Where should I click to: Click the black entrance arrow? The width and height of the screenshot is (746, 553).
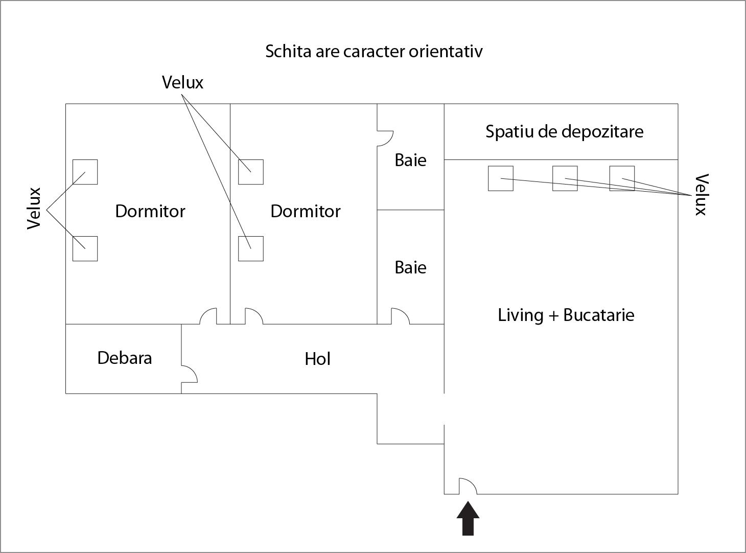click(468, 519)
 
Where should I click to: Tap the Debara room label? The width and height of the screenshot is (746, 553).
click(125, 358)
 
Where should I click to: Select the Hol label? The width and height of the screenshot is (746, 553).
click(317, 359)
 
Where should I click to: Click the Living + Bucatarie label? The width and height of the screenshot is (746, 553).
click(566, 315)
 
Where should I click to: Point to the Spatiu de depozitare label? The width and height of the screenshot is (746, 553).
click(564, 132)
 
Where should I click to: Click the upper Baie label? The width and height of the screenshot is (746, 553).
click(410, 160)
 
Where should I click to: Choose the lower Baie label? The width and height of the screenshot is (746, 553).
click(410, 267)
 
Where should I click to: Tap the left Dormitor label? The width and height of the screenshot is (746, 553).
click(150, 211)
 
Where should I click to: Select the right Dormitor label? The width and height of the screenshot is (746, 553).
click(306, 211)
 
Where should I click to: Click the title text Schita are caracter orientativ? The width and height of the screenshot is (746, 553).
click(374, 52)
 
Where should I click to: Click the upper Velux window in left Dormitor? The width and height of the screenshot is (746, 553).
click(85, 172)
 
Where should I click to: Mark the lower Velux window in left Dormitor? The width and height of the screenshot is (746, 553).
click(85, 248)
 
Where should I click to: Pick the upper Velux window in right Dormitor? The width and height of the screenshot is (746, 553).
click(251, 172)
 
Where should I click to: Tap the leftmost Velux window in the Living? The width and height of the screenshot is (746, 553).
click(501, 178)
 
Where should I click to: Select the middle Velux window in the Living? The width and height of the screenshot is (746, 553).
click(565, 178)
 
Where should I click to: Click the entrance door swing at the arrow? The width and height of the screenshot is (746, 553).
click(468, 487)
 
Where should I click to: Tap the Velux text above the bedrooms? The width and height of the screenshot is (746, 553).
click(182, 82)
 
